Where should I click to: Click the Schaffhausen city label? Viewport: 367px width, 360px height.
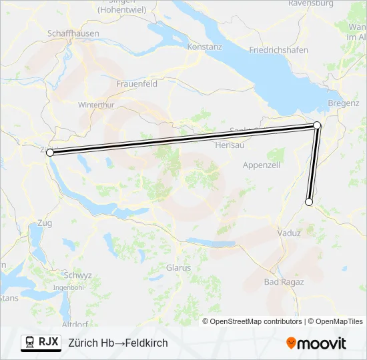(x=73, y=33)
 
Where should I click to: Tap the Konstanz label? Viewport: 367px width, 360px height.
(x=204, y=47)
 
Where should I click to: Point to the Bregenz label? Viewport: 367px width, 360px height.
(x=344, y=104)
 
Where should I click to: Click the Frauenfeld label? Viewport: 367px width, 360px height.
(x=136, y=84)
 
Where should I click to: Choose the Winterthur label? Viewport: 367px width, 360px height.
(x=97, y=105)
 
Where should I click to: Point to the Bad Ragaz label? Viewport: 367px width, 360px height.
(x=284, y=282)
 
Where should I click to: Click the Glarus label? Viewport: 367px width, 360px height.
(x=178, y=268)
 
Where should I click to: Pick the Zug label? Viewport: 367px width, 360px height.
(x=45, y=222)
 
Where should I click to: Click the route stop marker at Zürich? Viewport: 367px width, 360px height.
(x=50, y=153)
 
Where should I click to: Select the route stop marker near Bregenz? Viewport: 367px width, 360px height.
(x=317, y=125)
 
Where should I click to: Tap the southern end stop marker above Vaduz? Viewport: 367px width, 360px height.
(x=309, y=201)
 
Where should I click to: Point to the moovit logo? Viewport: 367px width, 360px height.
(x=316, y=343)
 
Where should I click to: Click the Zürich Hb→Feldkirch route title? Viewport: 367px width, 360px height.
(x=118, y=343)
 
